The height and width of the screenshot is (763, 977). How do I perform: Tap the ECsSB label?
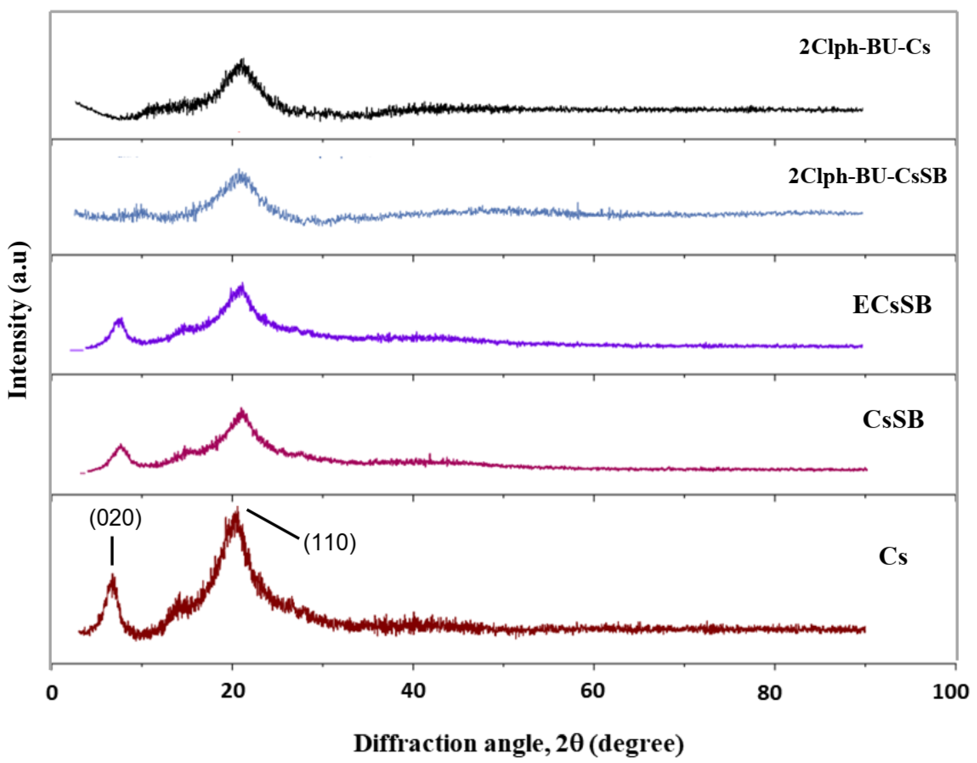(892, 305)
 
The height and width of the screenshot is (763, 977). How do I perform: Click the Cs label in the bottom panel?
(893, 556)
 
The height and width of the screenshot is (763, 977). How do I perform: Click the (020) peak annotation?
(115, 519)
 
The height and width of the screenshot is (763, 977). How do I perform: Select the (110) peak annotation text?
(330, 543)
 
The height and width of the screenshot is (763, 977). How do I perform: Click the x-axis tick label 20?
(233, 691)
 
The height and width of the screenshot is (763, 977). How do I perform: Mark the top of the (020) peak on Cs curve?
(112, 577)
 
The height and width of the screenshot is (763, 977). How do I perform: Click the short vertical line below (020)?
(112, 551)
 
